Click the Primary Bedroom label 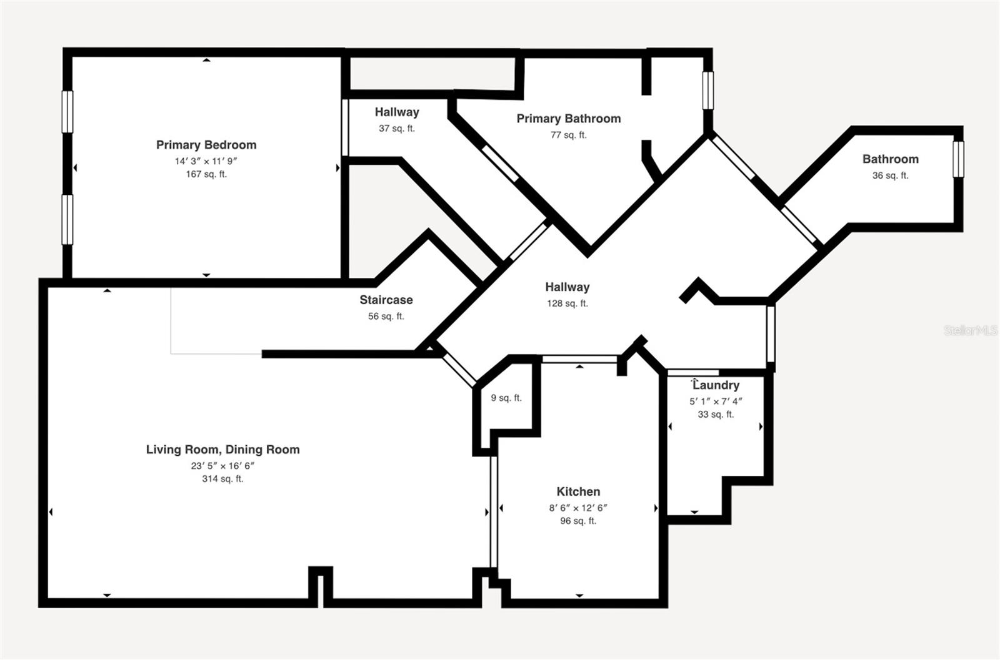click(x=206, y=145)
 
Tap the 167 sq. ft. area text click(x=206, y=174)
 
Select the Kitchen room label click(x=578, y=492)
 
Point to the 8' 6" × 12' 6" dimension click(x=578, y=508)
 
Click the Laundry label click(x=716, y=385)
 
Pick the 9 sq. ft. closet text click(x=506, y=398)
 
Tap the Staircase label click(x=386, y=300)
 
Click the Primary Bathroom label click(x=569, y=119)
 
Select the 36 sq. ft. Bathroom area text click(x=890, y=175)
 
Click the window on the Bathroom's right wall click(x=958, y=159)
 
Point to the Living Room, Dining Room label click(x=222, y=450)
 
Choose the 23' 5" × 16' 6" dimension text click(x=222, y=466)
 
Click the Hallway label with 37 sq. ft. click(x=397, y=112)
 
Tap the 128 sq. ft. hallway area click(x=567, y=303)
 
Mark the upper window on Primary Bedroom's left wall click(x=67, y=112)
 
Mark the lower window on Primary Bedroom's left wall click(x=67, y=219)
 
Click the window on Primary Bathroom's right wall click(x=708, y=90)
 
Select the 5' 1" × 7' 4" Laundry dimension click(x=716, y=401)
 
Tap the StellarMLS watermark click(x=971, y=330)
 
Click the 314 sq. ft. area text click(x=222, y=479)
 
